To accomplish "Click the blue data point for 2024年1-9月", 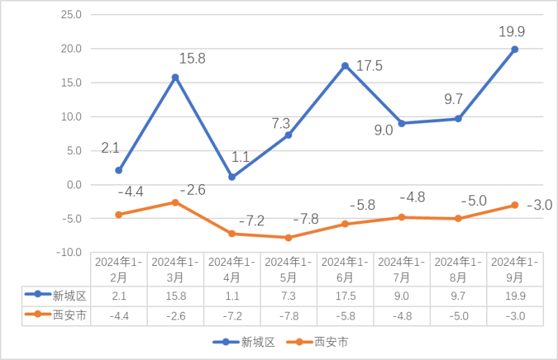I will click(515, 49).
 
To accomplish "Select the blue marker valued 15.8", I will click(175, 77).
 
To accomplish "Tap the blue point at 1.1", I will click(232, 177).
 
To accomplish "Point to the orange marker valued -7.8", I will click(288, 238).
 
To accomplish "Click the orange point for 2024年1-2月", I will click(119, 215).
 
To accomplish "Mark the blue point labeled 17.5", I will click(345, 66).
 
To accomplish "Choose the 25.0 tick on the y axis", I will click(72, 15).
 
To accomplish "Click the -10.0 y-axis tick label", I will click(70, 253).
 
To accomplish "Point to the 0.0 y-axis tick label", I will click(73, 185).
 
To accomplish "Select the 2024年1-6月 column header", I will click(345, 269).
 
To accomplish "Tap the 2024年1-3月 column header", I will click(175, 269).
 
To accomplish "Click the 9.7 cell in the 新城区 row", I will click(458, 296).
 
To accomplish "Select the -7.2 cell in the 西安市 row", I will click(232, 315).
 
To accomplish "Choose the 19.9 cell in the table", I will click(515, 296).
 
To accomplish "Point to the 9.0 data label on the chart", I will click(384, 130).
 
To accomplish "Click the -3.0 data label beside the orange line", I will click(538, 204).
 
